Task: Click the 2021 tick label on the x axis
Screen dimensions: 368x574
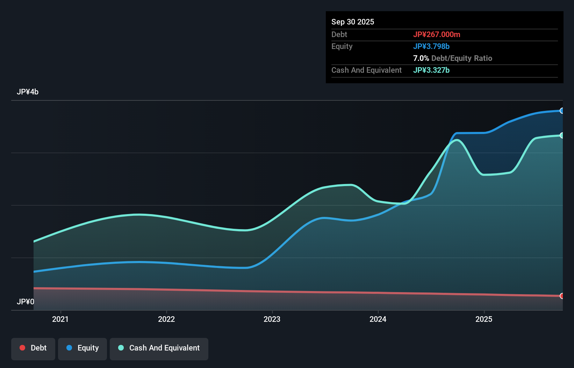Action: coord(60,319)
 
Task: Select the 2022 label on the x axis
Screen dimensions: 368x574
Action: coord(166,319)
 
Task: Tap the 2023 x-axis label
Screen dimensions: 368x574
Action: coord(272,319)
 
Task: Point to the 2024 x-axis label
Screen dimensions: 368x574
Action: coord(378,319)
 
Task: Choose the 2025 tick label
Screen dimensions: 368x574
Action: coord(484,319)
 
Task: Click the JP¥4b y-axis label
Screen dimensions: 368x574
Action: coord(28,92)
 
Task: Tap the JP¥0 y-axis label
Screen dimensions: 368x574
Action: coord(26,302)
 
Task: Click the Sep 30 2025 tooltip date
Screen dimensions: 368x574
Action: coord(353,22)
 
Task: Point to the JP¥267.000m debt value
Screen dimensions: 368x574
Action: coord(437,34)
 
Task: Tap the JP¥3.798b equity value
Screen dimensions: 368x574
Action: coord(431,46)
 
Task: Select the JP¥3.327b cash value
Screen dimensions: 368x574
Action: coord(431,70)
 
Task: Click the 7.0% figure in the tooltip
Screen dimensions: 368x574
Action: coord(421,58)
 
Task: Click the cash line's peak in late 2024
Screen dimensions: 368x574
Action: coord(457,140)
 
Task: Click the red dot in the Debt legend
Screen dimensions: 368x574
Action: coord(22,348)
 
